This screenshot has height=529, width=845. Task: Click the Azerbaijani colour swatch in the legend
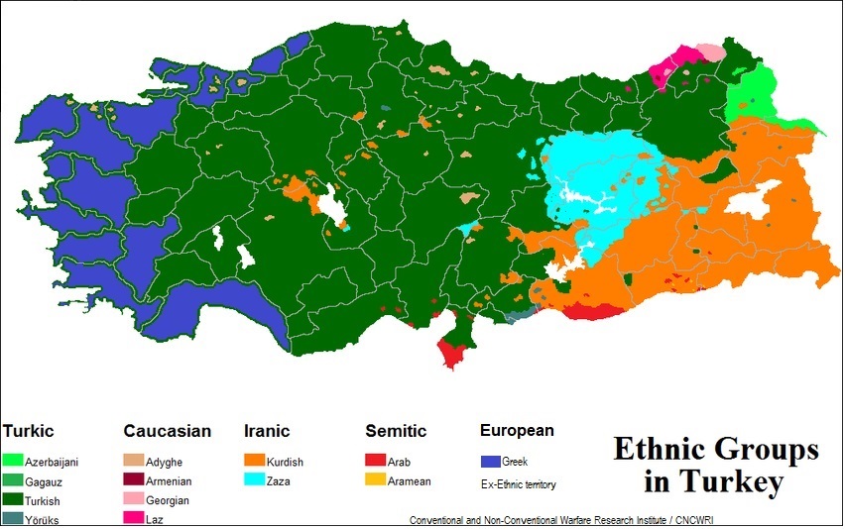coord(13,461)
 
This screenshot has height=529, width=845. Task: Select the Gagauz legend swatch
coord(13,480)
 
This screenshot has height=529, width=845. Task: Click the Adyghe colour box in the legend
coord(133,461)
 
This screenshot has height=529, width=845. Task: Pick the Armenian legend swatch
coord(133,480)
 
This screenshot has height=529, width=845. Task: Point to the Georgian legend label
coord(167,500)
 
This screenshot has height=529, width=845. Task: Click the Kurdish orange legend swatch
coord(254,461)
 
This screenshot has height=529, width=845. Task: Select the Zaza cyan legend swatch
coord(254,480)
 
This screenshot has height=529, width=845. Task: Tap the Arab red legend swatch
coord(375,461)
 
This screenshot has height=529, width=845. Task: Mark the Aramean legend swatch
coord(375,480)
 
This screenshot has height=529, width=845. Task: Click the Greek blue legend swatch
coord(490,461)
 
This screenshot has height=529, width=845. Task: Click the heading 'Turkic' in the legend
coord(29,431)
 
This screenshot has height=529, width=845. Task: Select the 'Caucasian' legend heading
coord(167,431)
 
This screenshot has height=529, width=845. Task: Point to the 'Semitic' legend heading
coord(396,431)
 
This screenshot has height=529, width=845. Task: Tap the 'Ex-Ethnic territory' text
coord(519,484)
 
